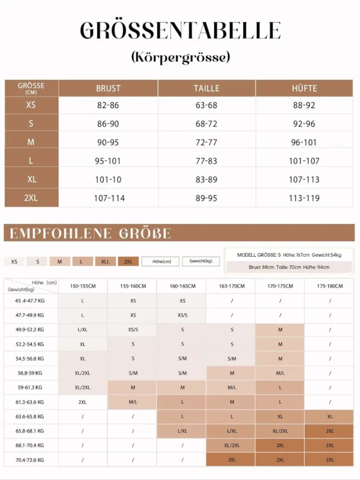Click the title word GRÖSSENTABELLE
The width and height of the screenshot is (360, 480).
180,31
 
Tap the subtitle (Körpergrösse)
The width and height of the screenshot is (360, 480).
180,58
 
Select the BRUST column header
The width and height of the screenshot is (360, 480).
108,88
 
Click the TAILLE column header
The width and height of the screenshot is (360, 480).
206,88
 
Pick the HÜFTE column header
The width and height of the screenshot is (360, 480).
305,88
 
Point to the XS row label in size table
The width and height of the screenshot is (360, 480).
31,104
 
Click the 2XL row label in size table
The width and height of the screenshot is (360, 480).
31,198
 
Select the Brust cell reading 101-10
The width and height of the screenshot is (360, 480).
108,179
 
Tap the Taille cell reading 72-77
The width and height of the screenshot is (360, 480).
206,142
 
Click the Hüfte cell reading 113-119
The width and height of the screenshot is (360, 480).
305,198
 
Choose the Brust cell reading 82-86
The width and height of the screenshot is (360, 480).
108,104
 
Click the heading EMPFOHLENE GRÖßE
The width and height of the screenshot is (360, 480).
91,233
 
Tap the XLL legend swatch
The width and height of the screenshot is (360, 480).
105,262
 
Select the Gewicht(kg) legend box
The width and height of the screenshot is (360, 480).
201,262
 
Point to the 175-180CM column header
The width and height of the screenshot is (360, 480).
329,286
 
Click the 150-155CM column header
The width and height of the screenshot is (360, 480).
83,286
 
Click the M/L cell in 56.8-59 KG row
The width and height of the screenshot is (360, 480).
280,373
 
